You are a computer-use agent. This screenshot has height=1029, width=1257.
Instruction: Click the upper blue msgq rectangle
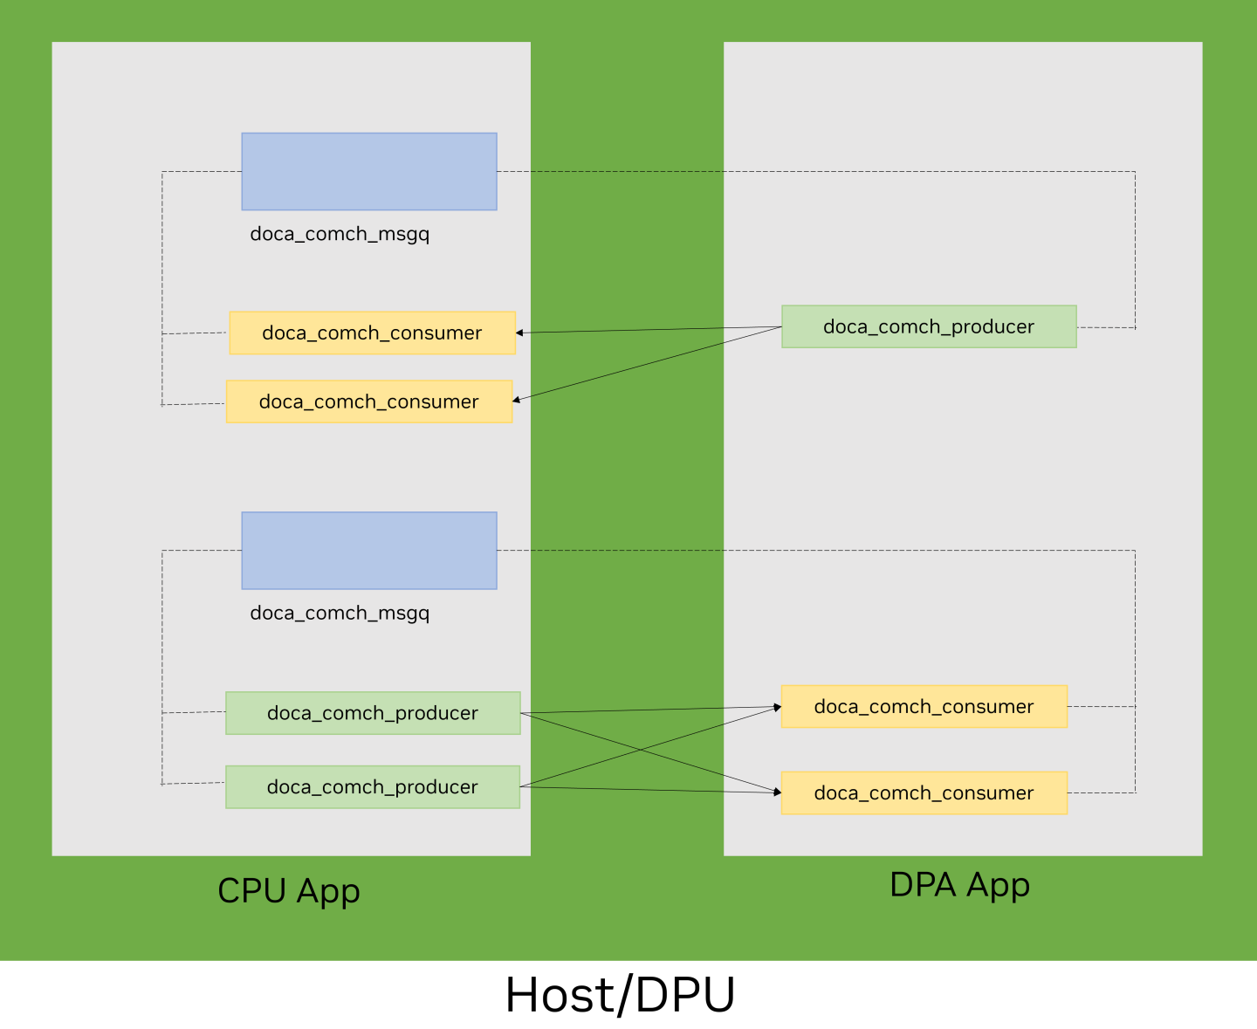pyautogui.click(x=369, y=171)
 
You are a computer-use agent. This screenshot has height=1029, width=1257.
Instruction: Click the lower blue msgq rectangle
pyautogui.click(x=369, y=550)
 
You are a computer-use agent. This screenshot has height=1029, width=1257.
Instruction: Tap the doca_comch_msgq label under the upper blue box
pyautogui.click(x=340, y=234)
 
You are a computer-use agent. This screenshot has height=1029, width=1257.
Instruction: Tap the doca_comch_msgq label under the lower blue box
pyautogui.click(x=340, y=613)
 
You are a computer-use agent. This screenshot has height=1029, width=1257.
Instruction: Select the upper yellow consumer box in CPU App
pyautogui.click(x=372, y=333)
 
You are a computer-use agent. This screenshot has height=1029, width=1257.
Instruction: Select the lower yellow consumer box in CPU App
pyautogui.click(x=369, y=401)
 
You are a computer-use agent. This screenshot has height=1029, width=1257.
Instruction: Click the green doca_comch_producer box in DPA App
pyautogui.click(x=929, y=326)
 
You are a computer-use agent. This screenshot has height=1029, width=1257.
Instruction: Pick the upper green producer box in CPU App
pyautogui.click(x=373, y=713)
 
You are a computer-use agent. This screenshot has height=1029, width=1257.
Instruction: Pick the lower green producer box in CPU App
pyautogui.click(x=373, y=786)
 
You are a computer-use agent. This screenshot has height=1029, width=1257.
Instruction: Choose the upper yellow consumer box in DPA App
pyautogui.click(x=924, y=706)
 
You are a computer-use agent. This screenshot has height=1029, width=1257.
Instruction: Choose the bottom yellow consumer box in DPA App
pyautogui.click(x=924, y=792)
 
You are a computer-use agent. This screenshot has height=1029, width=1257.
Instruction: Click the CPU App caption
pyautogui.click(x=289, y=891)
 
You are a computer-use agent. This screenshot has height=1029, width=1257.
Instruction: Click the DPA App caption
pyautogui.click(x=959, y=885)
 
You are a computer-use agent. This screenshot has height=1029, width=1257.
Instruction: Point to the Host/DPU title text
pyautogui.click(x=620, y=995)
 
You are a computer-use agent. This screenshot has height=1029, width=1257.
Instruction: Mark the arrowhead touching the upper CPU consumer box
pyautogui.click(x=519, y=333)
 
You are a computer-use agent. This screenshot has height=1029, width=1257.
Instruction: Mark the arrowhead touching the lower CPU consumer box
pyautogui.click(x=517, y=400)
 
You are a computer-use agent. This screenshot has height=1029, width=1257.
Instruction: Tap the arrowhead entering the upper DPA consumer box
pyautogui.click(x=777, y=707)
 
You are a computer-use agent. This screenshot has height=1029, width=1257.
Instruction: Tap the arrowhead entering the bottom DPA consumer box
pyautogui.click(x=777, y=792)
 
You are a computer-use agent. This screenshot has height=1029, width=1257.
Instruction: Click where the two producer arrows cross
pyautogui.click(x=640, y=750)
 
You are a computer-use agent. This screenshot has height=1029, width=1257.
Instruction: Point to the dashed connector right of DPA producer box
pyautogui.click(x=1106, y=327)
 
